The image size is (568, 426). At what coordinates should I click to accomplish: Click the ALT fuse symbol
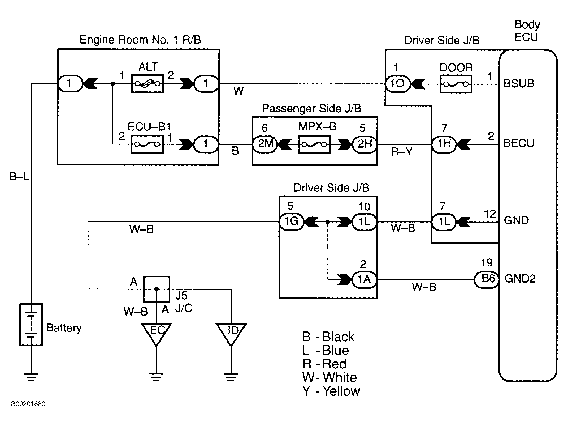pos(148,84)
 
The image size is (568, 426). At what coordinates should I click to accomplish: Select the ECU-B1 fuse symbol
pos(147,144)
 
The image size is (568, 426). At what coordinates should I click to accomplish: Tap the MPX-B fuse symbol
pos(314,144)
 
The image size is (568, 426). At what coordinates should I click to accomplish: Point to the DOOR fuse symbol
pos(456,84)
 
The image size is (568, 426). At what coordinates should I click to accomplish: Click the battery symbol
pos(31,325)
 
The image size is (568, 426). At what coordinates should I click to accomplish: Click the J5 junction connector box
pos(157,289)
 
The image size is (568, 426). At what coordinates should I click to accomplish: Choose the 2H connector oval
pos(365,144)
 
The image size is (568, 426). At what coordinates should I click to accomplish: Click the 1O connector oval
pos(397,84)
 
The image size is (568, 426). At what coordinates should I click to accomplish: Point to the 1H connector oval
pos(444,144)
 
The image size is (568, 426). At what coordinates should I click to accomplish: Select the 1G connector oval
pos(291,221)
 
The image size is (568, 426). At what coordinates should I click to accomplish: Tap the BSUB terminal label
pos(519,84)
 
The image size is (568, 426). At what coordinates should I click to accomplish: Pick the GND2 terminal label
pos(520,279)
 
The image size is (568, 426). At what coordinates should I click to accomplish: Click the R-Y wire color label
pos(402,152)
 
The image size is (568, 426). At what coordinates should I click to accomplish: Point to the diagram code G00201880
pos(28,404)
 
